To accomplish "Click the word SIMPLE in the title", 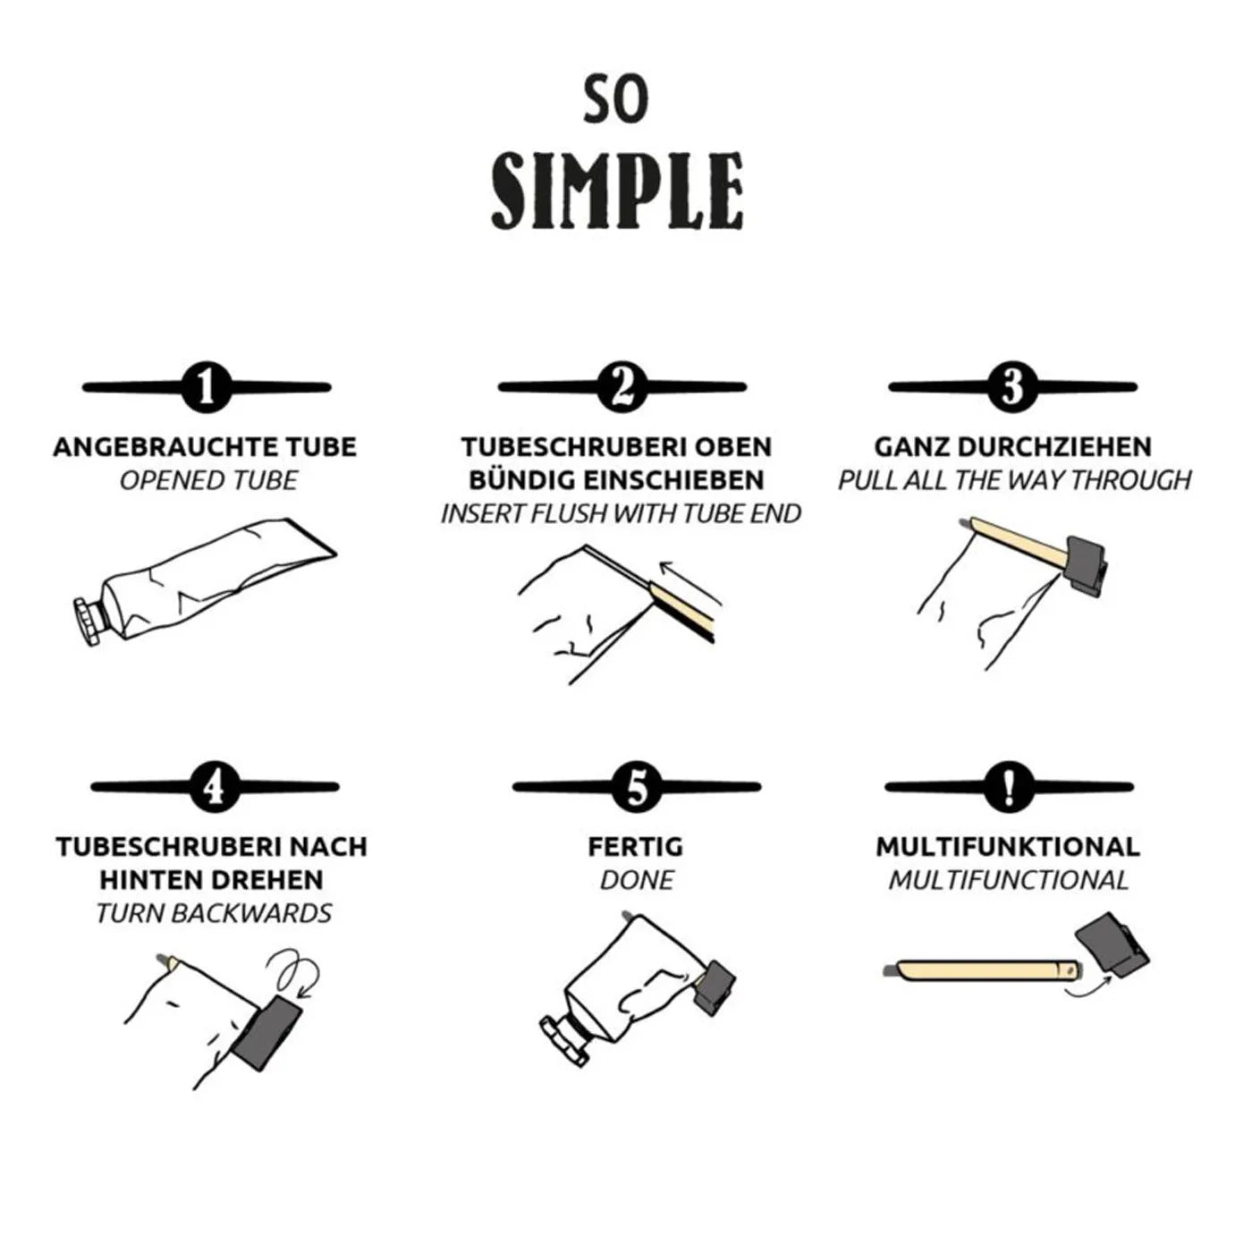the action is pyautogui.click(x=616, y=190).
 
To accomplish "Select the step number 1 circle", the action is pyautogui.click(x=207, y=387).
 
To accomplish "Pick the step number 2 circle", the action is pyautogui.click(x=622, y=387).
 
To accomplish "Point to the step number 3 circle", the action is pyautogui.click(x=1012, y=387).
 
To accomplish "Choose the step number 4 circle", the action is pyautogui.click(x=215, y=787).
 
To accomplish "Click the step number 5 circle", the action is pyautogui.click(x=637, y=787).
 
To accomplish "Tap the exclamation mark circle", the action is pyautogui.click(x=1009, y=787).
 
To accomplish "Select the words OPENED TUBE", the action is pyautogui.click(x=208, y=481).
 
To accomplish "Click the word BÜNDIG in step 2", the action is pyautogui.click(x=520, y=480).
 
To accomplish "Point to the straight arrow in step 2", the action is pyautogui.click(x=690, y=582).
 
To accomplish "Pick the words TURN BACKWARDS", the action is pyautogui.click(x=214, y=913).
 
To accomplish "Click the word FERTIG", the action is pyautogui.click(x=636, y=847).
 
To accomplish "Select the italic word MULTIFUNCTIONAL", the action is pyautogui.click(x=1008, y=880).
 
